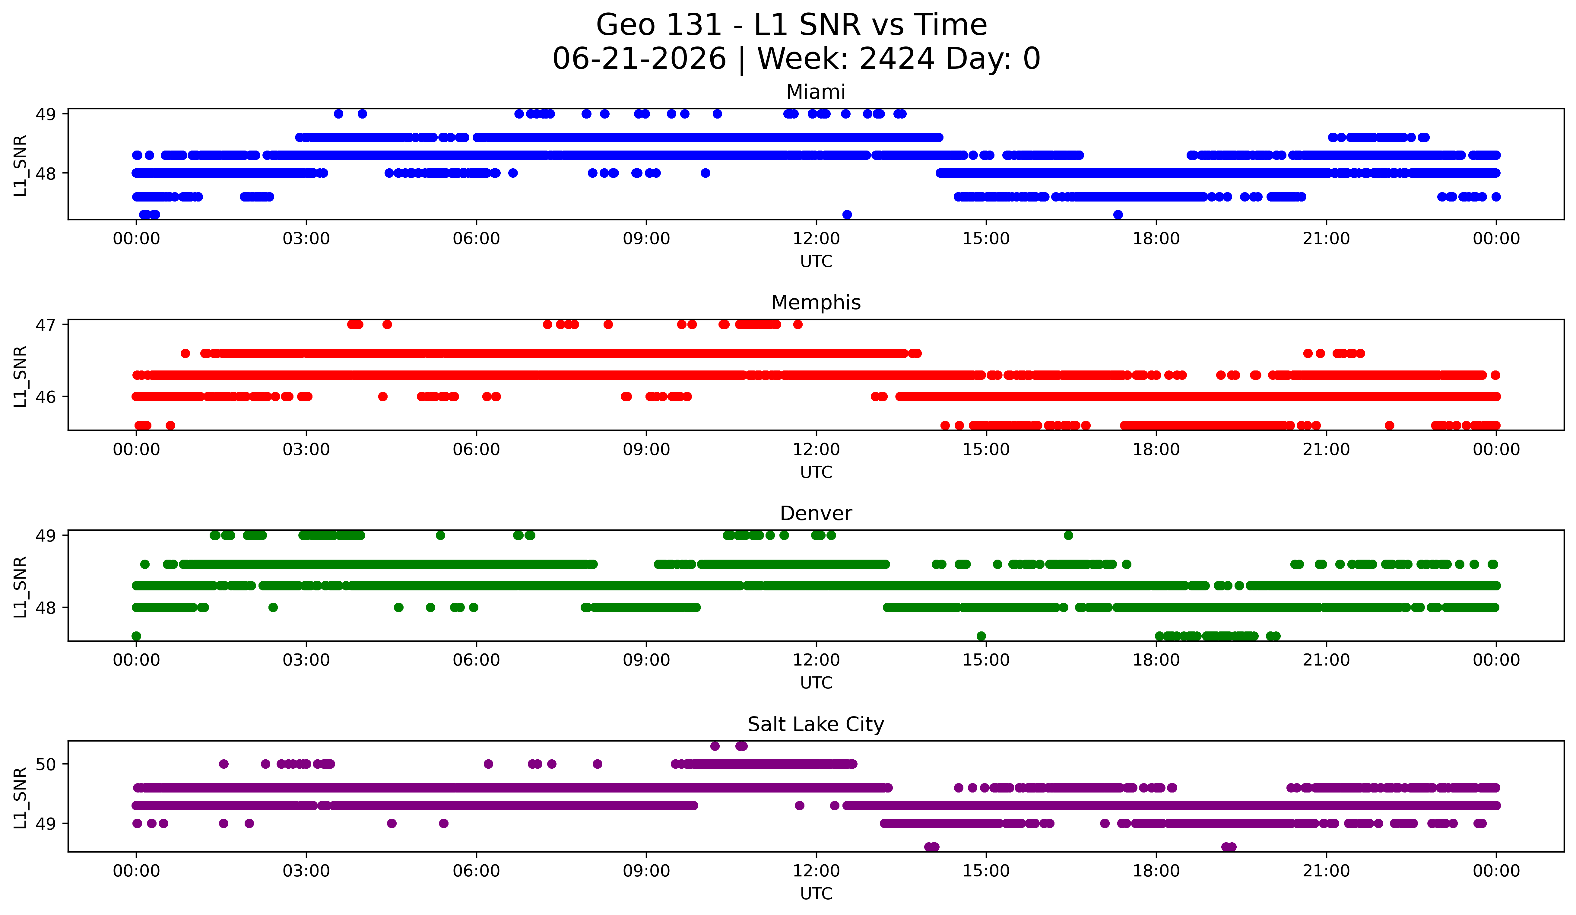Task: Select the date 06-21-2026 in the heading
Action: (639, 59)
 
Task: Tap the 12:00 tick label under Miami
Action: (816, 239)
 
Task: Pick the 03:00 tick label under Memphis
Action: (306, 450)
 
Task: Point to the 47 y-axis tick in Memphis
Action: (46, 325)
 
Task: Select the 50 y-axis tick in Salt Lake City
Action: (46, 764)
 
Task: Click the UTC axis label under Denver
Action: (816, 683)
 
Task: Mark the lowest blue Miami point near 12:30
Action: (847, 214)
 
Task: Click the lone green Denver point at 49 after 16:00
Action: (1068, 535)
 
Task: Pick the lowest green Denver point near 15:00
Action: (981, 636)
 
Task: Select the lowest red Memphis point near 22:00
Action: (1390, 425)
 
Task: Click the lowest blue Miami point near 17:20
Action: (1118, 214)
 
